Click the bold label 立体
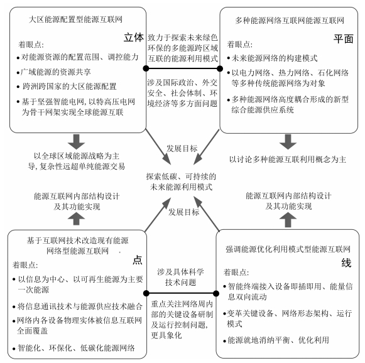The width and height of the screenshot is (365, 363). point(133,38)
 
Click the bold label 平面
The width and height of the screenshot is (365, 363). point(344,39)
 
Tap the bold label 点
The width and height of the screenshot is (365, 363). point(138,260)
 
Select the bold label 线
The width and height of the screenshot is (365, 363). point(346,263)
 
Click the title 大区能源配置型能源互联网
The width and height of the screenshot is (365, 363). point(75,19)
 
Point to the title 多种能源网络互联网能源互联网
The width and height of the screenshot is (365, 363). point(290,21)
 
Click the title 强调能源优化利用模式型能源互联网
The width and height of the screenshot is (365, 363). point(288,249)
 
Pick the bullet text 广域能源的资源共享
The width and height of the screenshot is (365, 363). point(56,72)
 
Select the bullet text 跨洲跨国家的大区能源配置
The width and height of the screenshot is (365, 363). point(69,87)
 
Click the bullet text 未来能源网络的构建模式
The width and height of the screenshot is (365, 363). point(275,58)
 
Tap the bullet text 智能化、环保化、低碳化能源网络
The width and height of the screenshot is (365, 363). point(77,348)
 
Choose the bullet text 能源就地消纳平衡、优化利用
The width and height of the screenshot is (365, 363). point(278,340)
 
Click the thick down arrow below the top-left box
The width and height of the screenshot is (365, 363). point(76,142)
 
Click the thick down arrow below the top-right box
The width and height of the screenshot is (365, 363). point(288,142)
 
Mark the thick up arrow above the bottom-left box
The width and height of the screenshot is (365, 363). point(76,219)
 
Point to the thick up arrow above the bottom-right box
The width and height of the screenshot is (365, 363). point(288,220)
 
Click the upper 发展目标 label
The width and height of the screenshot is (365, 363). point(182,148)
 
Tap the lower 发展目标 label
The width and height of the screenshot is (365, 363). point(184,212)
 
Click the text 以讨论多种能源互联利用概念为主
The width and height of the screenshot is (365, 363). point(288,160)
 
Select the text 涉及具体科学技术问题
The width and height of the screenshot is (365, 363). point(181,277)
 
